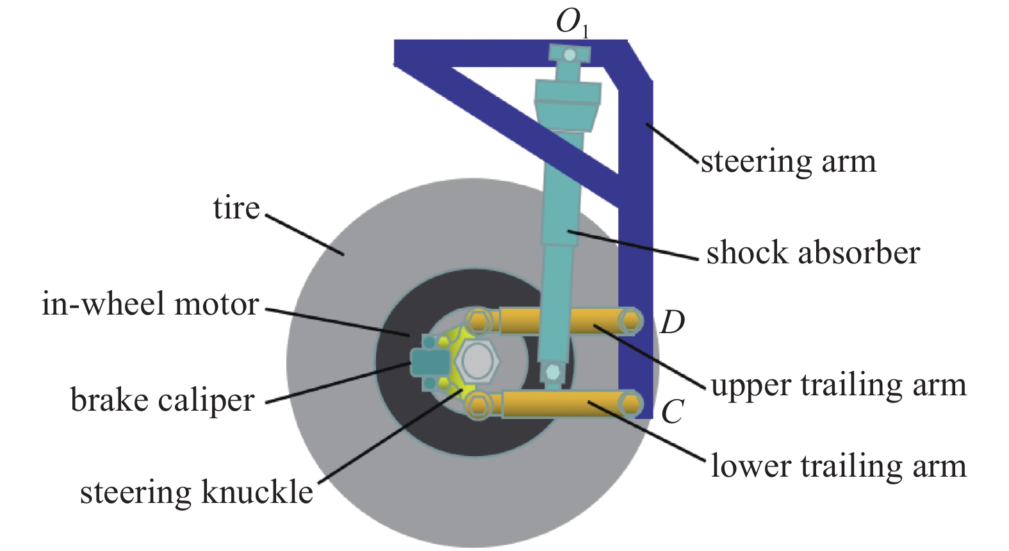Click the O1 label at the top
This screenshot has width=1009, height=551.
tap(572, 24)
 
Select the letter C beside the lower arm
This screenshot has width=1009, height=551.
tap(672, 412)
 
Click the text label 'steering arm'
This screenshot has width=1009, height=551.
tap(788, 161)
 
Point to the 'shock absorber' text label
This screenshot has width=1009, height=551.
tap(812, 252)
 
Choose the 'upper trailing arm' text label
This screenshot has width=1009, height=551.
tap(838, 385)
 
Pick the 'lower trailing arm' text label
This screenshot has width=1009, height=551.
tap(838, 466)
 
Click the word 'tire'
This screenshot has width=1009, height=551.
tap(236, 208)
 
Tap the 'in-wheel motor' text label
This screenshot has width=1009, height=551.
tap(150, 304)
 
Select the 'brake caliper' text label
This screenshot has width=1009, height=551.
tap(162, 400)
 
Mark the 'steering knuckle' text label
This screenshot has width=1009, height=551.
tap(196, 492)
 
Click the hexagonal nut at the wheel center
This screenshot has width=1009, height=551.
tap(479, 359)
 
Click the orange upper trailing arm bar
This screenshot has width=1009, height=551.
tap(557, 320)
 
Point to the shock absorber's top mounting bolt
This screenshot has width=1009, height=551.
tap(569, 55)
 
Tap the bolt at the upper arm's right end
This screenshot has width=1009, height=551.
tap(631, 320)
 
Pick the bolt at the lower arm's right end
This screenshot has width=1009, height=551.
tap(631, 404)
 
